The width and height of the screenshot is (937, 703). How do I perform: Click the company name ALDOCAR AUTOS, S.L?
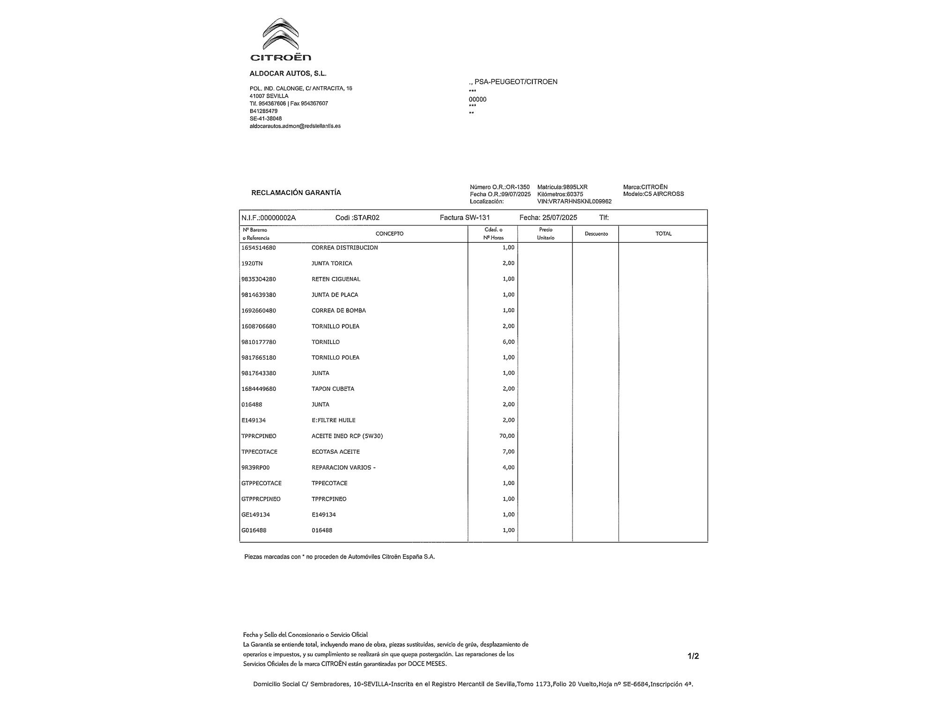point(288,74)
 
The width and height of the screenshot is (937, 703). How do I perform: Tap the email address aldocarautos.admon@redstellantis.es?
point(295,126)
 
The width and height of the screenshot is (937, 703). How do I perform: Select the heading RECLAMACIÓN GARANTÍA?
point(296,193)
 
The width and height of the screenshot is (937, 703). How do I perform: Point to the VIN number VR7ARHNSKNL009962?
point(574,202)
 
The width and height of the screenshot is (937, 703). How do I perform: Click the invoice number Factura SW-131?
point(465,217)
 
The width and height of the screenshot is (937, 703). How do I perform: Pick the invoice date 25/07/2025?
point(559,217)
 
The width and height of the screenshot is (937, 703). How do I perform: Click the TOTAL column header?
point(663,233)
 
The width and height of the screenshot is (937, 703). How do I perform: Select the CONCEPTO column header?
point(389,233)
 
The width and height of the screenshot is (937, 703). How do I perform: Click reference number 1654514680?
point(259,247)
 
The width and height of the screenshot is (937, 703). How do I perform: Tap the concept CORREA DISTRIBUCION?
point(344,247)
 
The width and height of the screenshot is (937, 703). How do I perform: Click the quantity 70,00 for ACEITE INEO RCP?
point(507,436)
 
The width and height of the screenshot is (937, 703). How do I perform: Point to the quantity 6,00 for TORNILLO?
point(508,342)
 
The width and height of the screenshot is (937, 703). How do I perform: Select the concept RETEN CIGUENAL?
point(336,279)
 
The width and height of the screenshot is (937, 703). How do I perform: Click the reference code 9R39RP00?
point(255,467)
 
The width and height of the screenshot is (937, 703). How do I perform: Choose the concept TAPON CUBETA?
point(333,389)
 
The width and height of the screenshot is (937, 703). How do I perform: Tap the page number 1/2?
point(693,656)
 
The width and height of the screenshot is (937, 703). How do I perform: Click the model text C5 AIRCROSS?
point(664,194)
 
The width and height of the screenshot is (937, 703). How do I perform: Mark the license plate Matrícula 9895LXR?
point(562,187)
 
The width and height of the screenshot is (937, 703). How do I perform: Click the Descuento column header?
point(596,233)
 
